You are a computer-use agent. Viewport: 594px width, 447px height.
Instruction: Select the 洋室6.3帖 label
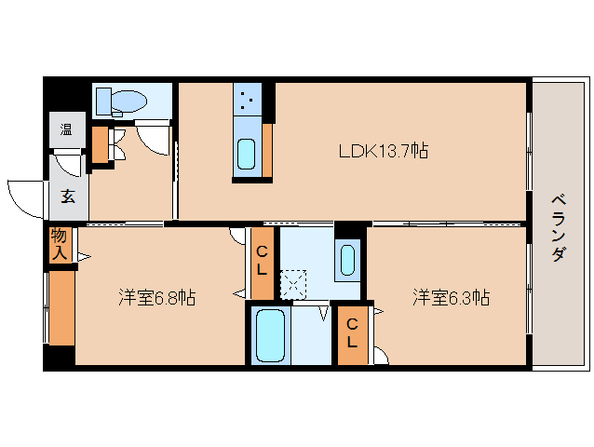point(452,298)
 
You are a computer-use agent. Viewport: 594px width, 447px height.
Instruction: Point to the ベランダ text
point(558,228)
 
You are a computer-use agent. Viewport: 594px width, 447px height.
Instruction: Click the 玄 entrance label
point(69,196)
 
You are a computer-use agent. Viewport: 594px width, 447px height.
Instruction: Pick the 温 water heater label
point(67,129)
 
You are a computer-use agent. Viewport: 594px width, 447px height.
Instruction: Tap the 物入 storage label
point(60,245)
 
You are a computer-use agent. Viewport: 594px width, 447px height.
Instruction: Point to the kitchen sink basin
point(246,154)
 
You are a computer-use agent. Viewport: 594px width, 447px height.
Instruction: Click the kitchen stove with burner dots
point(247,98)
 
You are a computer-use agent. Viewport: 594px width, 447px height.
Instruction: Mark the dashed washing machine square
point(293,282)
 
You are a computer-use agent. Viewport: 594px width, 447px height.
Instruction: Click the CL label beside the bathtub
point(352,333)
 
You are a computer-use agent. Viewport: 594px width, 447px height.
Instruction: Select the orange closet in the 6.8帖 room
point(61,307)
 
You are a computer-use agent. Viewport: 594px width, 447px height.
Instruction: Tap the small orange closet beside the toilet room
point(100,143)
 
